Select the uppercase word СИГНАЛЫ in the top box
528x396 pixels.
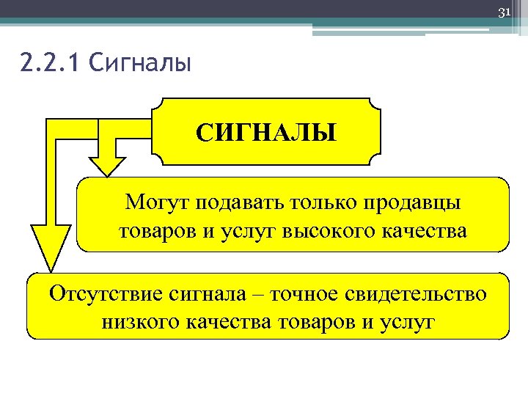pyautogui.click(x=266, y=133)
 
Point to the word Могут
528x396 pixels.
pyautogui.click(x=156, y=201)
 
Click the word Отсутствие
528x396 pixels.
pyautogui.click(x=103, y=295)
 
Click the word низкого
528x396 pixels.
pyautogui.click(x=139, y=323)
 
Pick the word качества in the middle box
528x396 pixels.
pyautogui.click(x=425, y=231)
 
